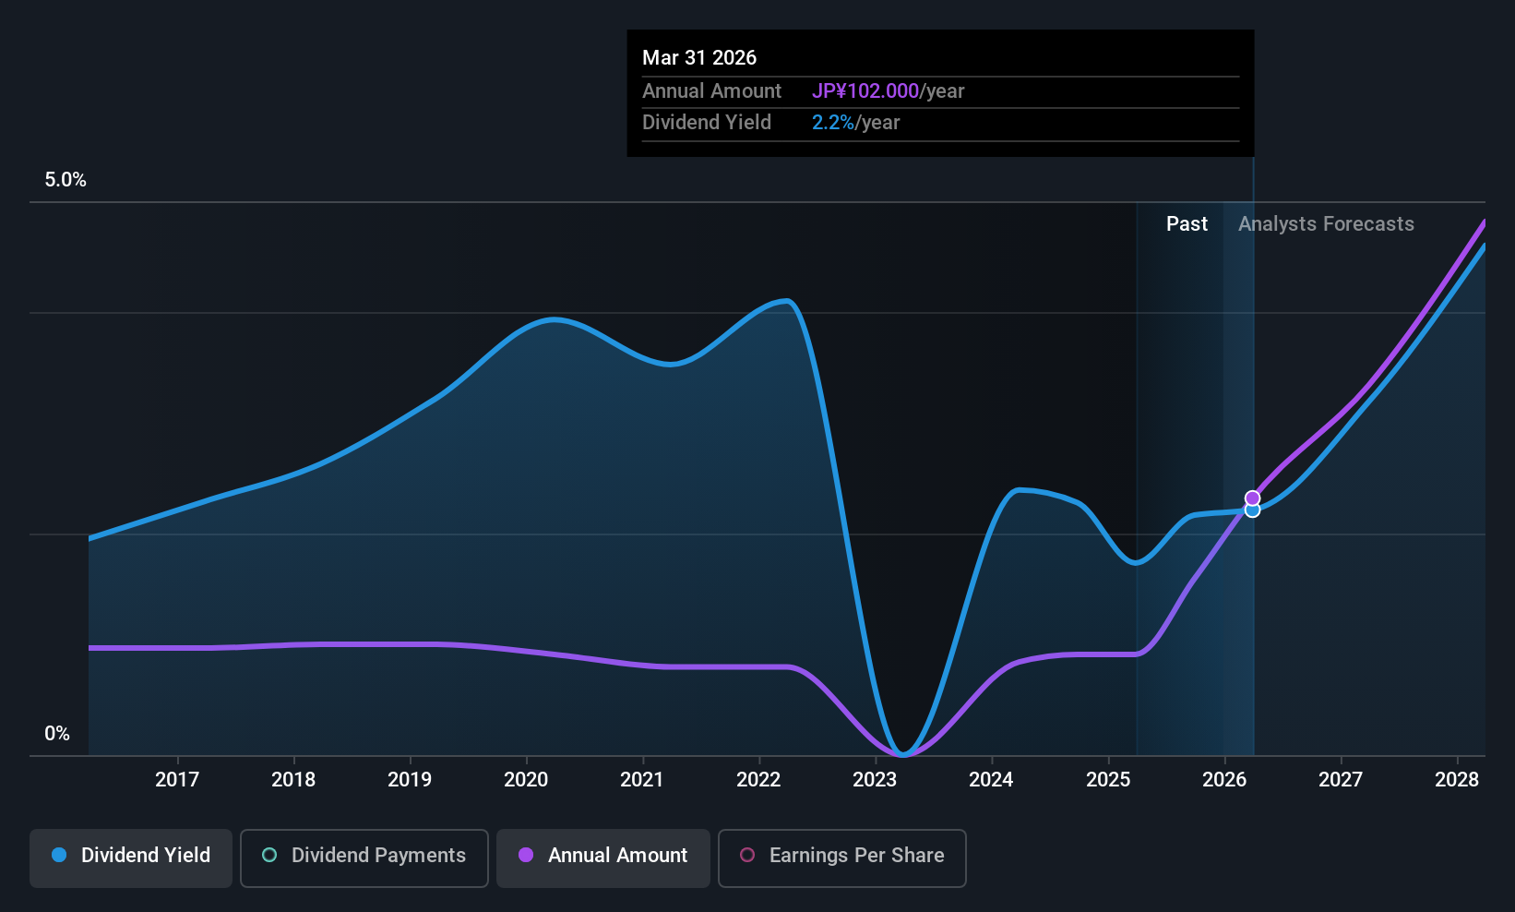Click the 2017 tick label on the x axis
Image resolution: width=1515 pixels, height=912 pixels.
(177, 779)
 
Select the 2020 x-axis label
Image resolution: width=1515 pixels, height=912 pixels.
(526, 779)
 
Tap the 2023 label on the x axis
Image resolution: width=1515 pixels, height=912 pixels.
(876, 779)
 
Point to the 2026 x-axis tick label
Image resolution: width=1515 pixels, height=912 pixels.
(1224, 779)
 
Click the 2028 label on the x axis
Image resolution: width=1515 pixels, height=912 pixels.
(1457, 779)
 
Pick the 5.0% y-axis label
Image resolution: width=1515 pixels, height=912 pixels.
(66, 180)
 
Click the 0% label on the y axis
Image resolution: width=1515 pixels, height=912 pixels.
(57, 734)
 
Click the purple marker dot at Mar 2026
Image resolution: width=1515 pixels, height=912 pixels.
(1253, 498)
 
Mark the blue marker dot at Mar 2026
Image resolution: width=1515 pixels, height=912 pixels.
(1253, 510)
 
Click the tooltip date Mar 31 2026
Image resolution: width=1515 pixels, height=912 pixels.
(699, 58)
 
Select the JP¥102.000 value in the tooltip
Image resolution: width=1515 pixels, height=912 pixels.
(865, 90)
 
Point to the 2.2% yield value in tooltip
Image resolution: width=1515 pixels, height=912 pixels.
(832, 123)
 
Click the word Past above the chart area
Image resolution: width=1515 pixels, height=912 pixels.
(1187, 224)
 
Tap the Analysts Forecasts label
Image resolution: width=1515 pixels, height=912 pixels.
(1326, 224)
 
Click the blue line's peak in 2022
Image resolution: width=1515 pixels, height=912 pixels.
(786, 300)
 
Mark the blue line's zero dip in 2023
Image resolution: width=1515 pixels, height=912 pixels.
(902, 753)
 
